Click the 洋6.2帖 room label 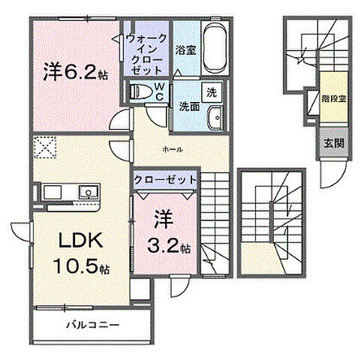(75, 71)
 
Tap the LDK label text (80, 241)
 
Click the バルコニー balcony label (93, 325)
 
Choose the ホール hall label (173, 150)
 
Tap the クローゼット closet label (165, 180)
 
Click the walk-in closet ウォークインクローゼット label (146, 55)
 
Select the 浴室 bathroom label (185, 50)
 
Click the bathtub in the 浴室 (215, 48)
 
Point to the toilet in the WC (141, 91)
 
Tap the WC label (159, 91)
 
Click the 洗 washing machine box (212, 92)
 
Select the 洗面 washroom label (190, 107)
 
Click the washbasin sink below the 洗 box (215, 118)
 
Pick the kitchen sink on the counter (88, 192)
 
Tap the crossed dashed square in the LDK (46, 147)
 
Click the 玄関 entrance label (334, 144)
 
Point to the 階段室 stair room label (334, 99)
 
